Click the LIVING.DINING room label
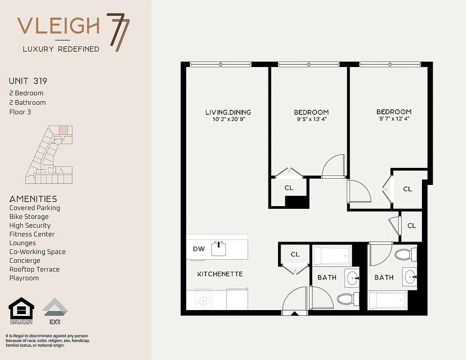click(x=228, y=112)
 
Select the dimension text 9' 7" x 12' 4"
click(x=394, y=119)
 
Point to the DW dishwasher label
click(x=199, y=248)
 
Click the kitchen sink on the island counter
click(x=219, y=248)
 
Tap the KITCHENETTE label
click(x=220, y=274)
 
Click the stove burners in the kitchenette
click(x=204, y=300)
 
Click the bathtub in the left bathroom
click(x=332, y=256)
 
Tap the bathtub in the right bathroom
click(x=387, y=299)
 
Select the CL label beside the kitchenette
click(x=295, y=254)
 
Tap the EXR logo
click(x=55, y=311)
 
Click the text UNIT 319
click(x=28, y=81)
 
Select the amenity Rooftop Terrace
click(x=35, y=269)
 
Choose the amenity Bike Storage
click(x=29, y=216)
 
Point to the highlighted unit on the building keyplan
click(x=64, y=130)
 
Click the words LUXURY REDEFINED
click(x=61, y=49)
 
